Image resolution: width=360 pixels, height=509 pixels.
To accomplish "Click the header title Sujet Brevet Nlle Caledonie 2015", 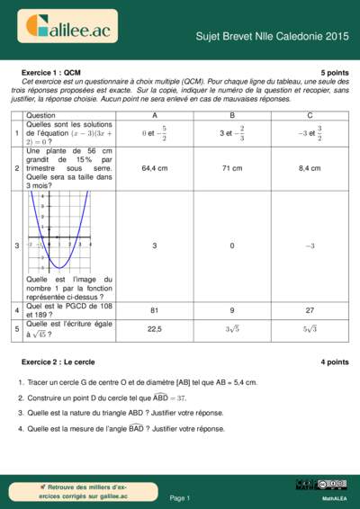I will tap(272, 36).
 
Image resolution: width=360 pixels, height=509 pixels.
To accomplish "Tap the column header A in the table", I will tap(154, 116).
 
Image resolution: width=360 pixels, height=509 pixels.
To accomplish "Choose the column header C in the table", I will tap(310, 116).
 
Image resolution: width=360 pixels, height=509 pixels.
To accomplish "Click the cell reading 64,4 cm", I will tap(154, 168).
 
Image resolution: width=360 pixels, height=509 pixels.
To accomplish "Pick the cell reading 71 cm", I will tap(231, 168).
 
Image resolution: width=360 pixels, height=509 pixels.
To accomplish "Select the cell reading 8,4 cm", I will tap(310, 168).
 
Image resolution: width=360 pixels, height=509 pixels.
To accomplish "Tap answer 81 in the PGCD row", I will tap(154, 310).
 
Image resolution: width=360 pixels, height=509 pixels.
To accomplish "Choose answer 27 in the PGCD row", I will tap(310, 310).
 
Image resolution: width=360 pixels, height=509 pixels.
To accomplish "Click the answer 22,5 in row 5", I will tap(154, 329).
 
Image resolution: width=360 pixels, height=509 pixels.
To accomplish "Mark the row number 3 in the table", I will tap(17, 246).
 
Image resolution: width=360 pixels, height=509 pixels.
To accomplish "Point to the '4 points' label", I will tap(334, 362).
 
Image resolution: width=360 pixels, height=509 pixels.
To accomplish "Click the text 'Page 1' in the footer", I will tap(180, 497).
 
